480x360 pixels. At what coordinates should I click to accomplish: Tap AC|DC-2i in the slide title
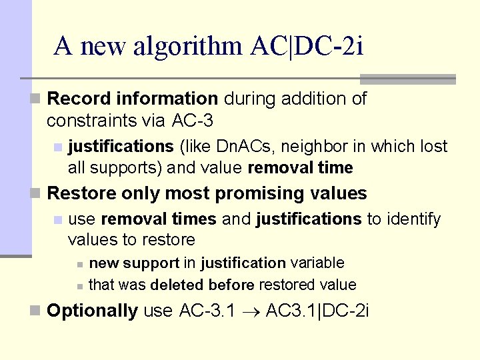tap(307, 46)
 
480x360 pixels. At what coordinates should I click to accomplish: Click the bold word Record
tap(79, 99)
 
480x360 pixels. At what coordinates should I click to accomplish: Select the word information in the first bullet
tap(167, 99)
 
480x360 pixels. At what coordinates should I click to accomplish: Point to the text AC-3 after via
tap(193, 121)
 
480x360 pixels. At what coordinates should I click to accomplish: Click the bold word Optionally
tap(93, 311)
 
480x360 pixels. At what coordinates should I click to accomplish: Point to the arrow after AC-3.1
tap(250, 311)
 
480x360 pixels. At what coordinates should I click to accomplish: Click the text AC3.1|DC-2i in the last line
tap(317, 311)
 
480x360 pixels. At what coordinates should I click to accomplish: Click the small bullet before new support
tap(79, 264)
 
